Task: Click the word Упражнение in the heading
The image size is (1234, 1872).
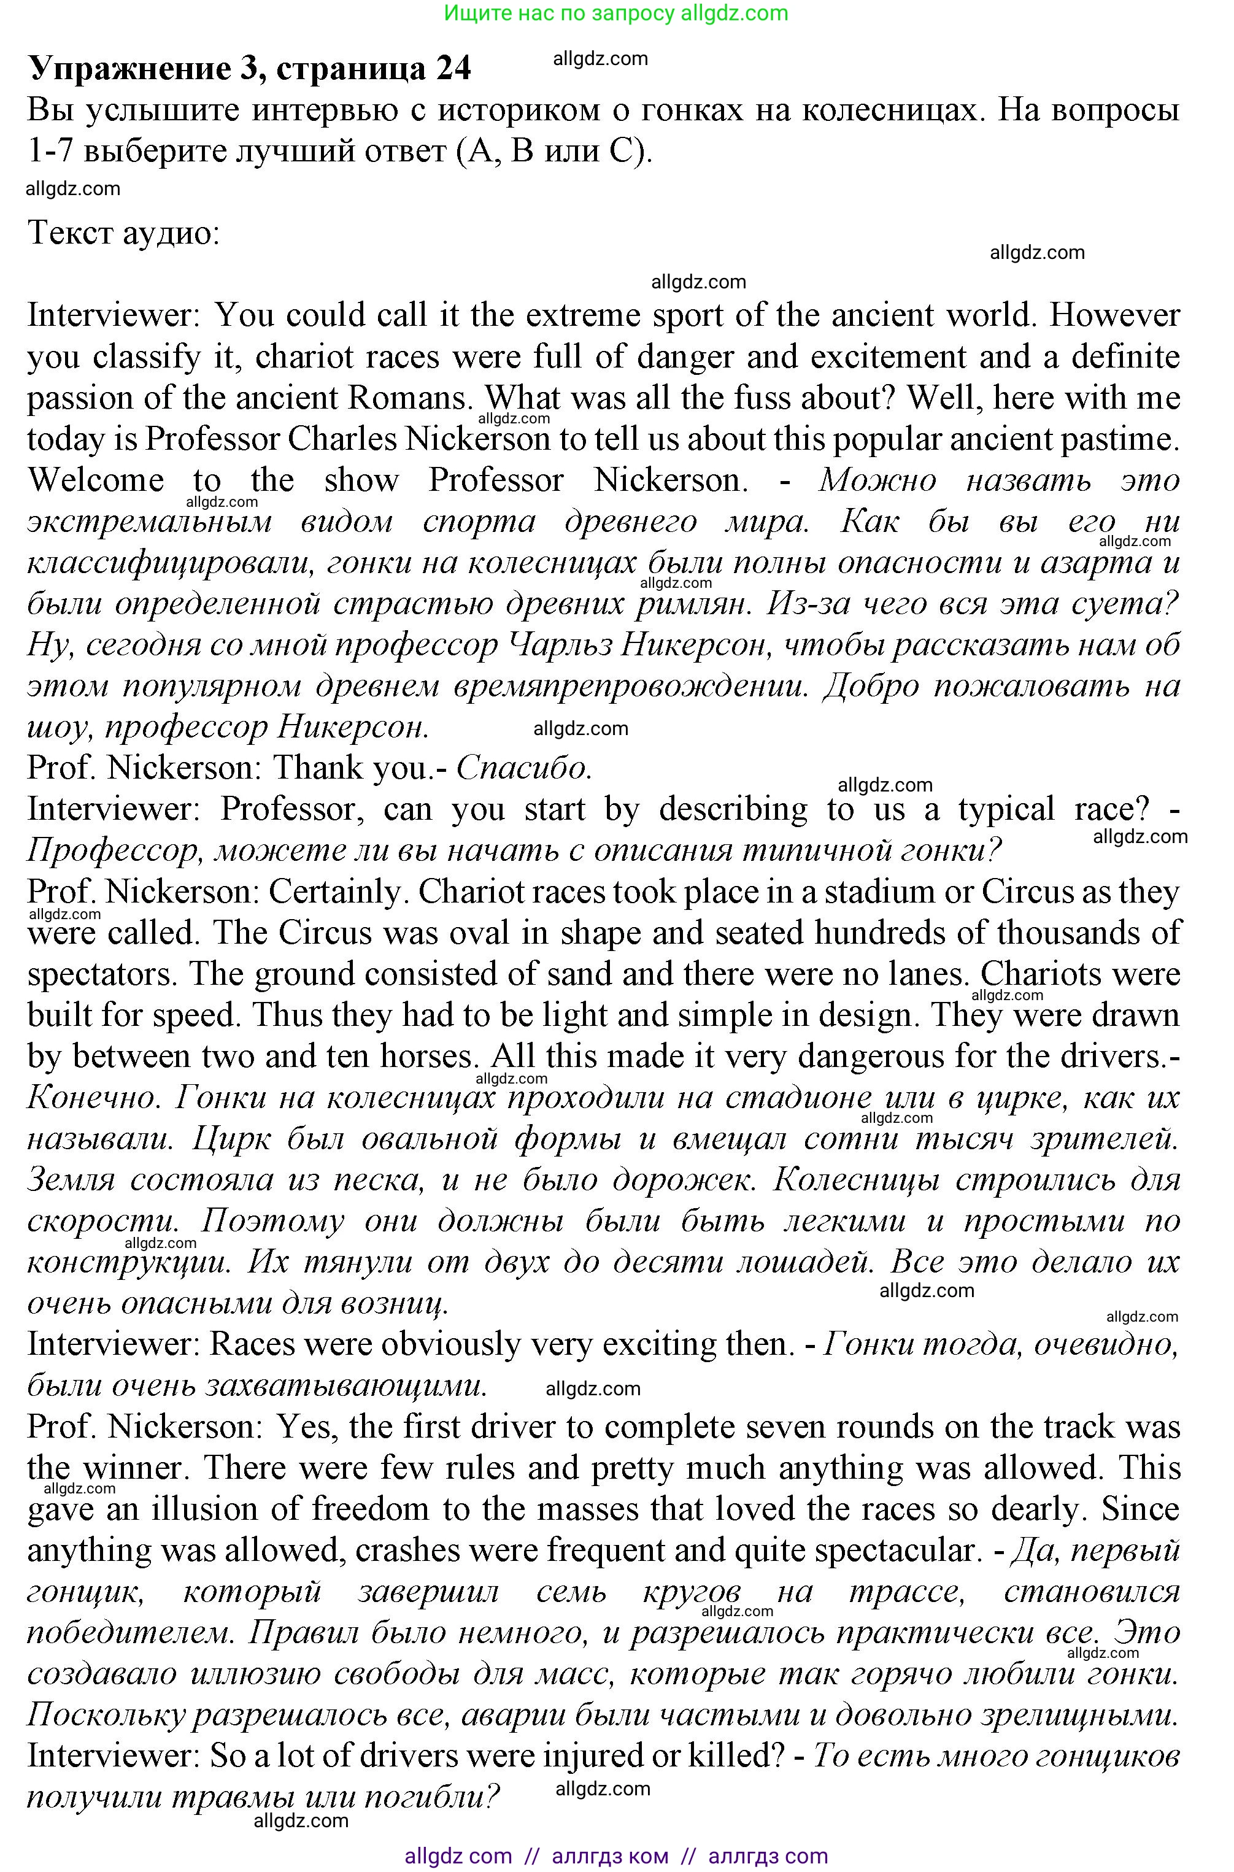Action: (130, 69)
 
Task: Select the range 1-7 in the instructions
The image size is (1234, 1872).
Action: (50, 150)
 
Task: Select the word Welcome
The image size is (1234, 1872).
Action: (96, 480)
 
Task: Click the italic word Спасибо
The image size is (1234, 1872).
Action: (523, 767)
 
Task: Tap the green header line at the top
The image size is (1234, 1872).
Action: (616, 13)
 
